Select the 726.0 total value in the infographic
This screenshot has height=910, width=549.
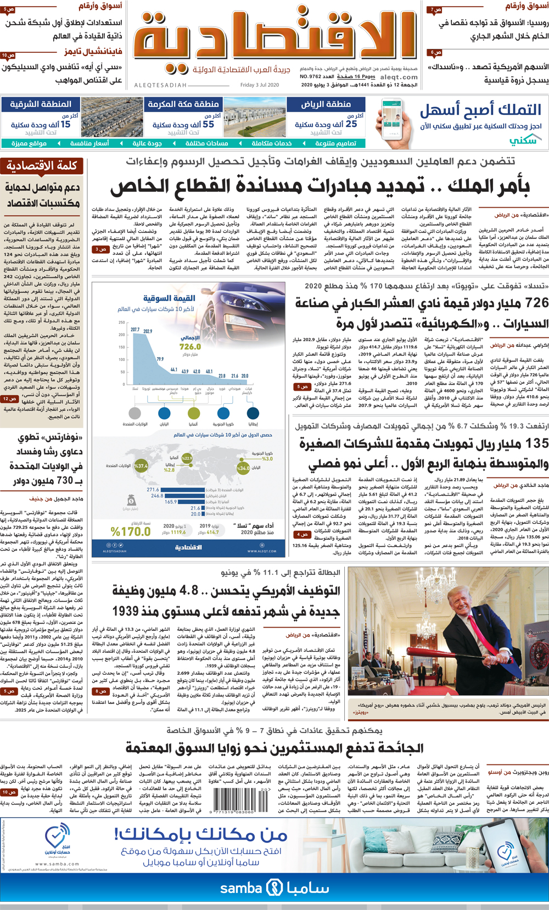(x=190, y=347)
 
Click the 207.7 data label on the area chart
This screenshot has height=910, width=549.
(x=135, y=330)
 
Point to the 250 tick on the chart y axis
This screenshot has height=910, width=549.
(x=122, y=323)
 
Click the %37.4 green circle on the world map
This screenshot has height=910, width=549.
(x=141, y=465)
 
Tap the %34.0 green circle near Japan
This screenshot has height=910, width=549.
(x=243, y=468)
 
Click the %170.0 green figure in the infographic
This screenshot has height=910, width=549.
(x=130, y=531)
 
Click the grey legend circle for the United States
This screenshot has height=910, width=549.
(x=135, y=413)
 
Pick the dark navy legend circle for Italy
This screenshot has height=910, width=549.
(x=253, y=413)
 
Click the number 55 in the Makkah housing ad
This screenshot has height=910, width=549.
(x=208, y=124)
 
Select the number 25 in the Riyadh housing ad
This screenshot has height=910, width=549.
(x=351, y=124)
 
